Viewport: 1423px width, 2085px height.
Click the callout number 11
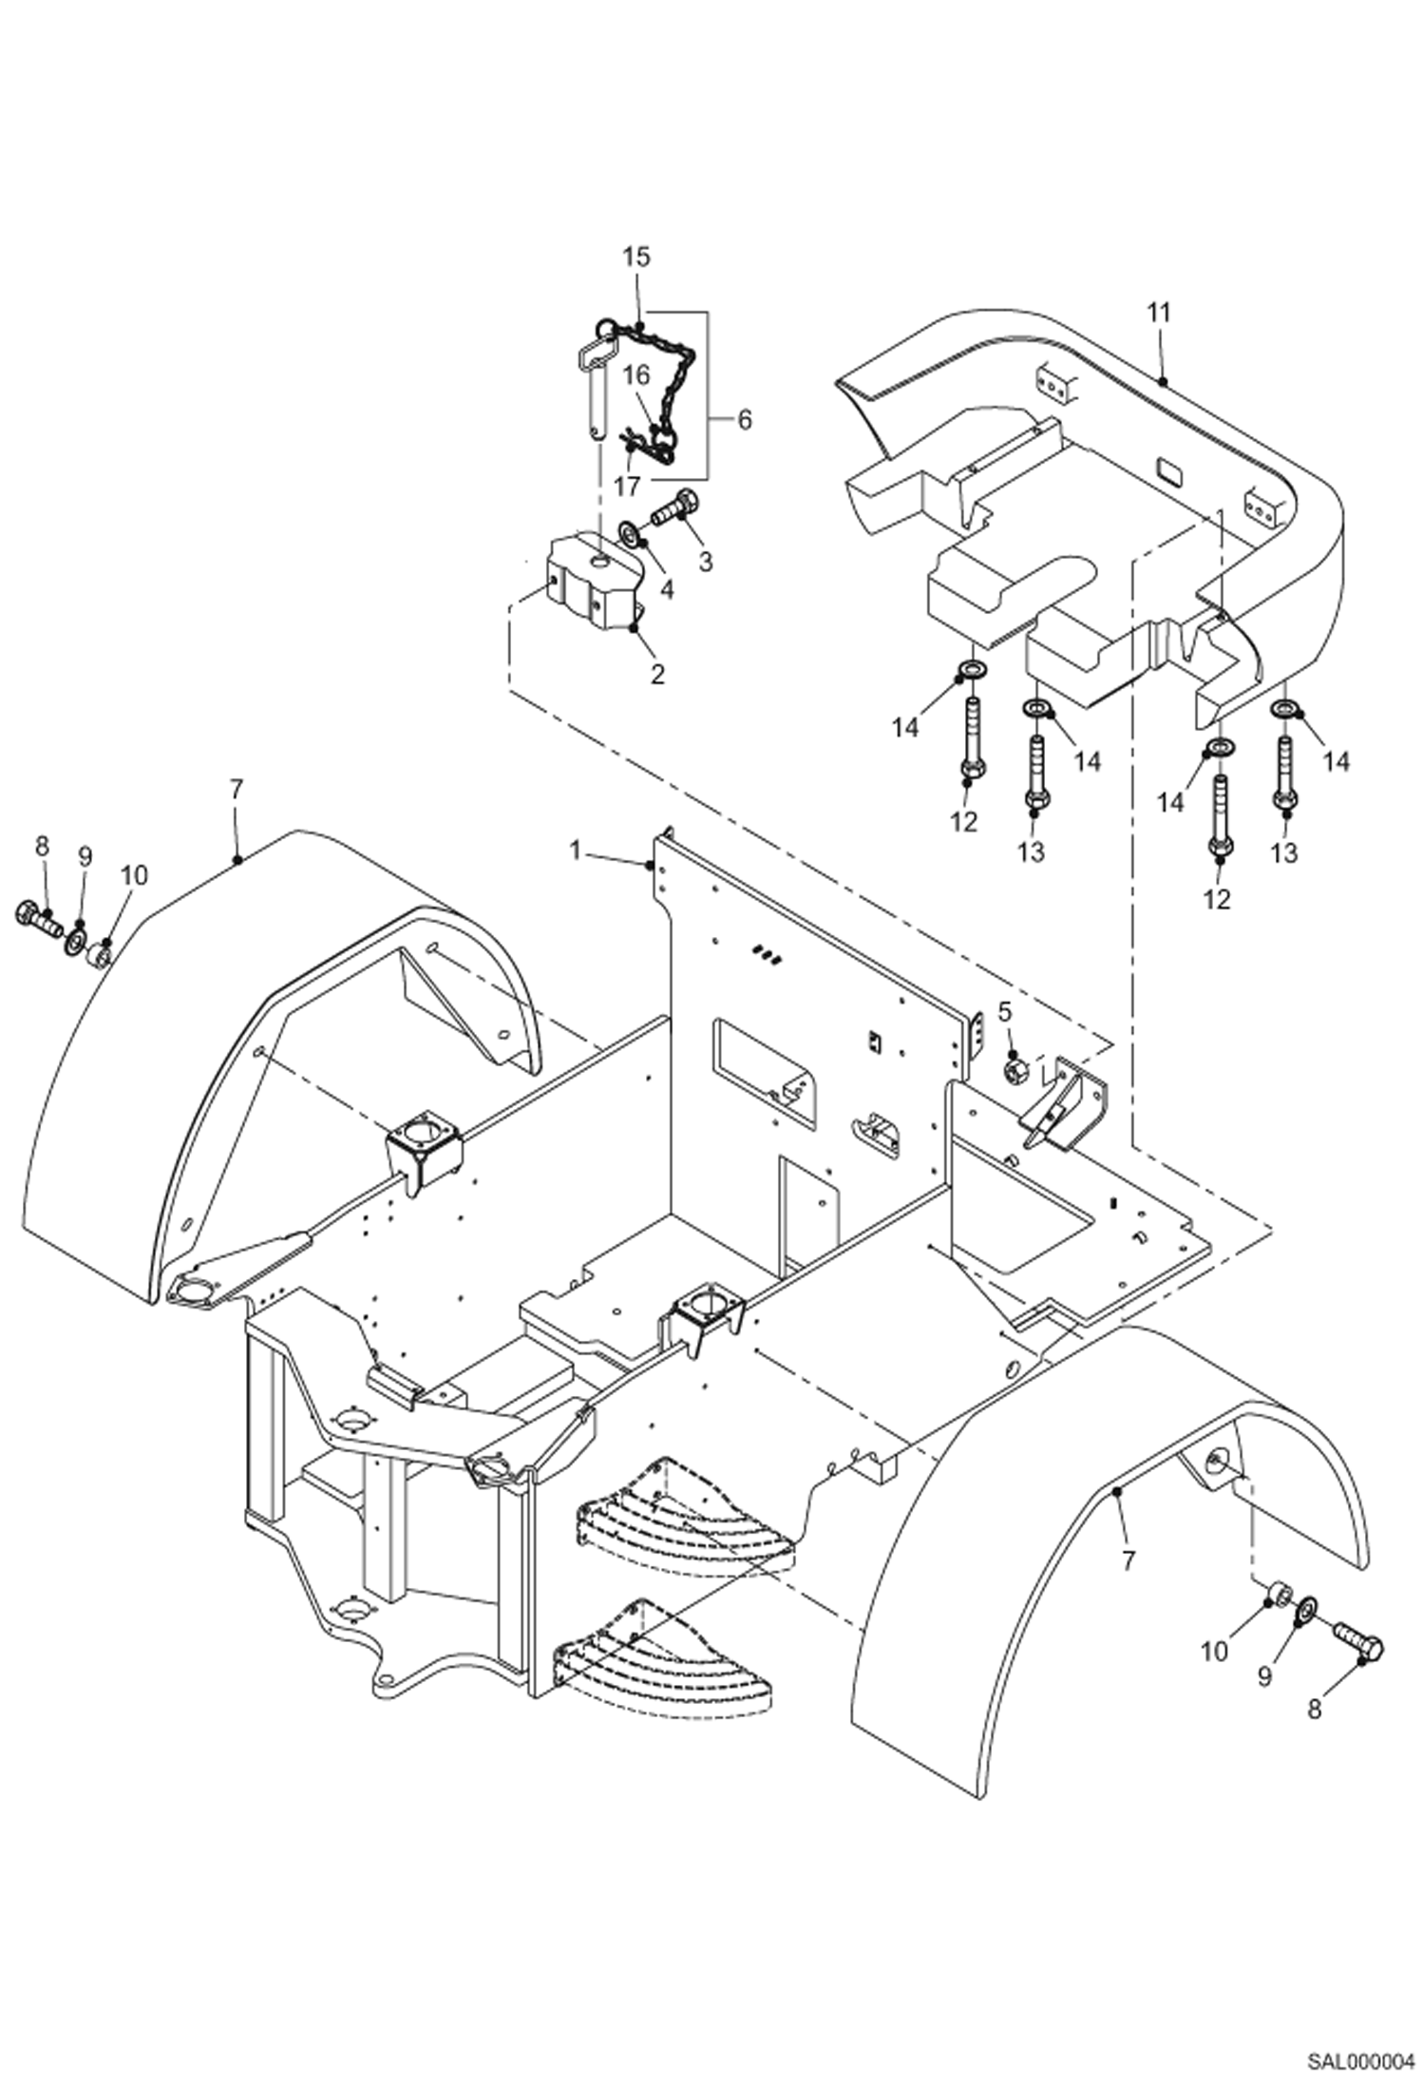pyautogui.click(x=1159, y=313)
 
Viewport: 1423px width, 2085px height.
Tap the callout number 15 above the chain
pyautogui.click(x=636, y=257)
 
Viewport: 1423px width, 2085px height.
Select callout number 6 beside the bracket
pyautogui.click(x=744, y=419)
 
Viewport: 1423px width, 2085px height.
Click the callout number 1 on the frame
pyautogui.click(x=575, y=851)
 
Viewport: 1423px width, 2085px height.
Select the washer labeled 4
pyautogui.click(x=630, y=532)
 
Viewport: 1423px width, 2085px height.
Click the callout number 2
pyautogui.click(x=656, y=674)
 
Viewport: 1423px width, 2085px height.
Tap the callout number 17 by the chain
pyautogui.click(x=627, y=486)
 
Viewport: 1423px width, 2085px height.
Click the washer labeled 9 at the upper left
pyautogui.click(x=73, y=944)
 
